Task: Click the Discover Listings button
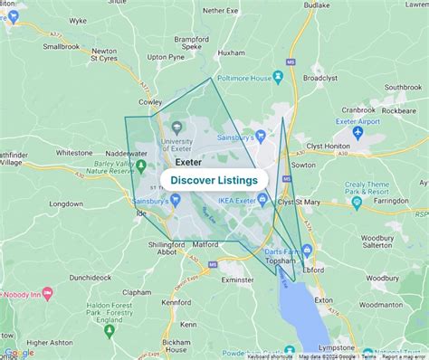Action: tap(214, 180)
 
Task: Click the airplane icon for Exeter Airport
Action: tap(357, 133)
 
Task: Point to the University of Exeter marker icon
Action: tap(176, 128)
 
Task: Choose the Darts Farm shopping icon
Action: tap(307, 250)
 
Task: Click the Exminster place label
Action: tap(237, 280)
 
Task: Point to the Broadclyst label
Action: tap(319, 78)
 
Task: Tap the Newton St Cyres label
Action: tap(104, 56)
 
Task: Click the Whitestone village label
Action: tap(74, 153)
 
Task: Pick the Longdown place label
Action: tap(66, 204)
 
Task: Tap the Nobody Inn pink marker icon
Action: tap(47, 295)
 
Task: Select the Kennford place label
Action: tap(176, 302)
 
